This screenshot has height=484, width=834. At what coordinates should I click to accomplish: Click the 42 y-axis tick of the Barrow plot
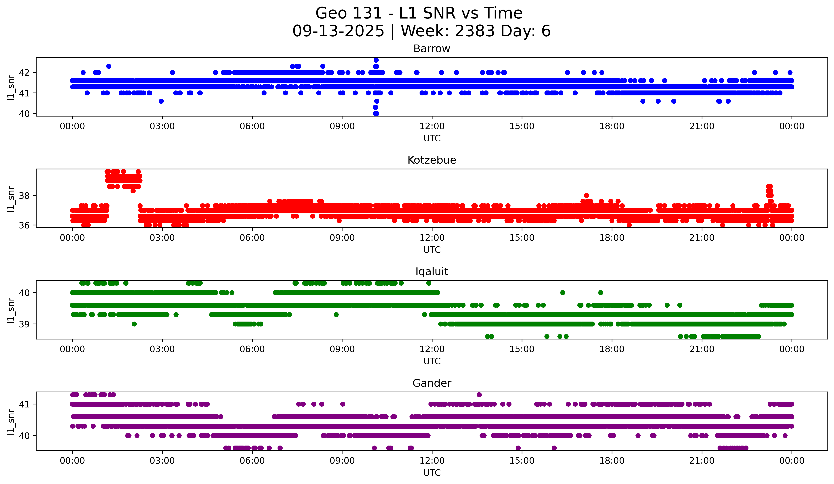[24, 72]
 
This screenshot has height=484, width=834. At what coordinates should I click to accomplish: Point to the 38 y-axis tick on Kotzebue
[24, 195]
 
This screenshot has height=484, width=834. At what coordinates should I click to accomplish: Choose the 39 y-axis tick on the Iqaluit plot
[24, 324]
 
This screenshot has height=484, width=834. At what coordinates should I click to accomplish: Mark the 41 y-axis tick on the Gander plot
[24, 404]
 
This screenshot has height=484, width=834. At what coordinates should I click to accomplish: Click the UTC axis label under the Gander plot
[432, 473]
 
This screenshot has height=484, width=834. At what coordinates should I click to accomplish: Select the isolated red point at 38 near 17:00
[586, 195]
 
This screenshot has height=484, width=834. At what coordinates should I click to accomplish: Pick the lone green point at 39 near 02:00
[134, 324]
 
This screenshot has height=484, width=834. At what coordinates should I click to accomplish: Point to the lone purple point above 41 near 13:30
[479, 394]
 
